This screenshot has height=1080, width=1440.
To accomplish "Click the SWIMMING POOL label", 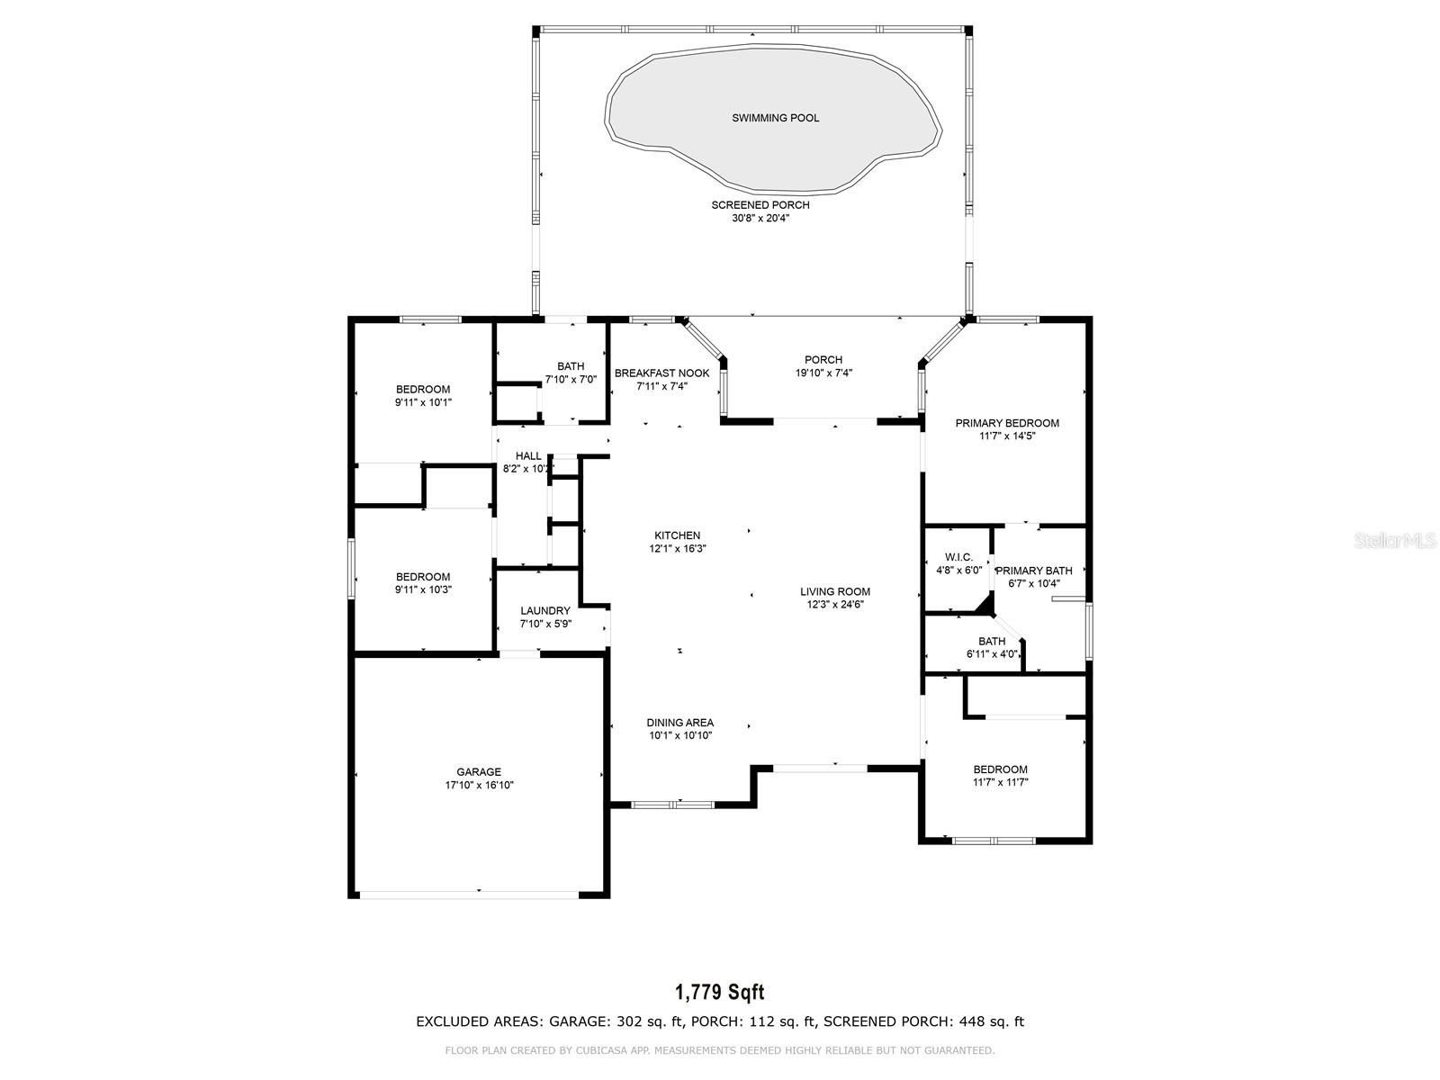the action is (776, 118).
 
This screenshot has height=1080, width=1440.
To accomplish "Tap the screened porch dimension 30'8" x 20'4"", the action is (760, 218).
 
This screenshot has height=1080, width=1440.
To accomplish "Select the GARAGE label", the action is (479, 772).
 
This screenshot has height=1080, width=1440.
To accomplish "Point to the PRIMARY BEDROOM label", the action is (1007, 423).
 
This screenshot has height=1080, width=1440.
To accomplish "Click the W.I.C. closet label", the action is (959, 557).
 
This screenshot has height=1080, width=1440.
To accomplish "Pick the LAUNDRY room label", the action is (545, 610).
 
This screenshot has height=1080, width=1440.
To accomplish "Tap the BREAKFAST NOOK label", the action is (661, 373).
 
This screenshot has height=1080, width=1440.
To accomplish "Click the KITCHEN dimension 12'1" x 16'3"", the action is (678, 548).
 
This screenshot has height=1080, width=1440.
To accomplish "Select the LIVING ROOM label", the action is (835, 591).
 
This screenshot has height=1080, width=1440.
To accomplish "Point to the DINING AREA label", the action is (680, 723).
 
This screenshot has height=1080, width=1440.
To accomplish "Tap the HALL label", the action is (529, 455).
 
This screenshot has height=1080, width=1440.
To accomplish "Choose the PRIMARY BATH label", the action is (1034, 571).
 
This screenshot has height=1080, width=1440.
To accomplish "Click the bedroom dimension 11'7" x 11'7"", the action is (1001, 781).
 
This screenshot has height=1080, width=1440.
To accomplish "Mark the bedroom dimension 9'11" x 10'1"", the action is (423, 402).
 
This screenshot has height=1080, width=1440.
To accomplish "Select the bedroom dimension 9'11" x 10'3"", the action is (423, 589).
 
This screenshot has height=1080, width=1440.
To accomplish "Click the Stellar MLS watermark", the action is (1395, 540).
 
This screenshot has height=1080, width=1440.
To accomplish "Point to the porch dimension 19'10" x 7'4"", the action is (823, 373).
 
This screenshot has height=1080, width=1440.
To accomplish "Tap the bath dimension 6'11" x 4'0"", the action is (992, 653).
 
